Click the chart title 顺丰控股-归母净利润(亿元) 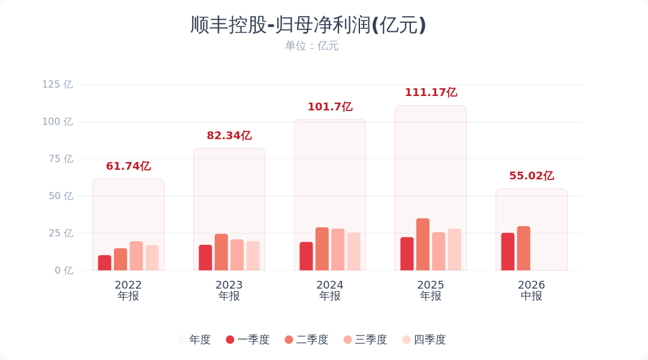click(x=308, y=25)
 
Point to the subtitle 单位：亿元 click(x=311, y=46)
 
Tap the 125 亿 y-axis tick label click(x=58, y=85)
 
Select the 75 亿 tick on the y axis click(x=61, y=159)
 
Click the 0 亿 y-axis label click(x=64, y=271)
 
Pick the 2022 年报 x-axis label click(x=128, y=290)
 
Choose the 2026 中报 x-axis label click(x=532, y=290)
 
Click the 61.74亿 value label click(x=128, y=166)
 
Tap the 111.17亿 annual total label click(x=431, y=92)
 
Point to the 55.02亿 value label click(x=532, y=176)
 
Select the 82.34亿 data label click(x=229, y=136)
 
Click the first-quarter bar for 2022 click(x=104, y=263)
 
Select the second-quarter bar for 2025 click(x=423, y=244)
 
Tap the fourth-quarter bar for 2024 click(x=354, y=251)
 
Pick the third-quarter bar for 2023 click(x=237, y=255)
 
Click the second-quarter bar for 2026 click(x=524, y=248)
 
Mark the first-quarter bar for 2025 click(x=407, y=254)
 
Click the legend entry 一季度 click(x=248, y=340)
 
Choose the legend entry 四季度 click(x=424, y=340)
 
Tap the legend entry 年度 click(x=194, y=340)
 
